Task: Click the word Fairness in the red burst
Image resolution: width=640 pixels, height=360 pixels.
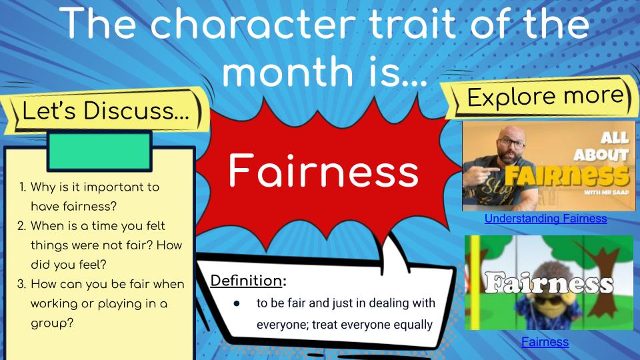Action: pyautogui.click(x=323, y=171)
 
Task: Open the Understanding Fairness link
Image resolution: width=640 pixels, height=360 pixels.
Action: pyautogui.click(x=546, y=219)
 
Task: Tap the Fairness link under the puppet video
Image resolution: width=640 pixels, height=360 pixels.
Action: pyautogui.click(x=545, y=341)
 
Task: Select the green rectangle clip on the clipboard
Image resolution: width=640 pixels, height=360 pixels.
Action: pyautogui.click(x=99, y=151)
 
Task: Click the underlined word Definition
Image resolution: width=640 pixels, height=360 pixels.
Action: pyautogui.click(x=246, y=281)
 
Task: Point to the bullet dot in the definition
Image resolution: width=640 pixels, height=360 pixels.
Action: pyautogui.click(x=236, y=303)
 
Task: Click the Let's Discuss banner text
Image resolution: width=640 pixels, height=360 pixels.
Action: pyautogui.click(x=106, y=111)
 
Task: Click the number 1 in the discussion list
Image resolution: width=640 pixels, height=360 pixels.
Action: pyautogui.click(x=22, y=187)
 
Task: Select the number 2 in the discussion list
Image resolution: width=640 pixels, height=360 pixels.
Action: pyautogui.click(x=21, y=226)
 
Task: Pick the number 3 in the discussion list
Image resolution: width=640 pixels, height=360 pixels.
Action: pyautogui.click(x=21, y=284)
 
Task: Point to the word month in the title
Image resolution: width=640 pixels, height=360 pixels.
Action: pyautogui.click(x=288, y=71)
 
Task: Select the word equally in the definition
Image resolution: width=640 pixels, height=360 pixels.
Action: pyautogui.click(x=413, y=325)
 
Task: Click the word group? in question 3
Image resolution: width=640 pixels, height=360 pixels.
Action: pyautogui.click(x=52, y=324)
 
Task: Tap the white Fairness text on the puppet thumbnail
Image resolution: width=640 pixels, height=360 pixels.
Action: pyautogui.click(x=549, y=283)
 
